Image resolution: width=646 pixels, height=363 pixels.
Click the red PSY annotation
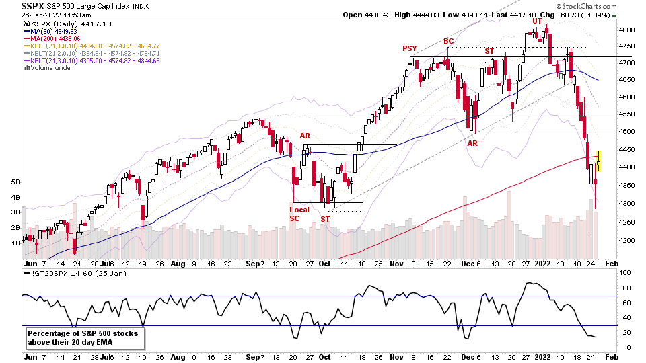[x=409, y=48]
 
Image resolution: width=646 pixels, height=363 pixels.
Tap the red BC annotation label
[x=449, y=42]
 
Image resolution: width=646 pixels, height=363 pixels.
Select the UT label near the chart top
[x=537, y=21]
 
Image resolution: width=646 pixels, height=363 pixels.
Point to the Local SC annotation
[x=299, y=214]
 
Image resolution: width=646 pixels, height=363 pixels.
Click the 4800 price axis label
[x=627, y=30]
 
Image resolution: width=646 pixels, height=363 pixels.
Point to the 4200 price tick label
[x=627, y=240]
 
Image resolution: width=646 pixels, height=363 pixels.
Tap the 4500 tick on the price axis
[x=627, y=132]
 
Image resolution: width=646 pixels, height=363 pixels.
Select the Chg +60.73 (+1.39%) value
[x=565, y=15]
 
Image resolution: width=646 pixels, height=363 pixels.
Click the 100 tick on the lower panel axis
[x=625, y=274]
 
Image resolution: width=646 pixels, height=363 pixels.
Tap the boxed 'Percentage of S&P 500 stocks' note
[x=85, y=337]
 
